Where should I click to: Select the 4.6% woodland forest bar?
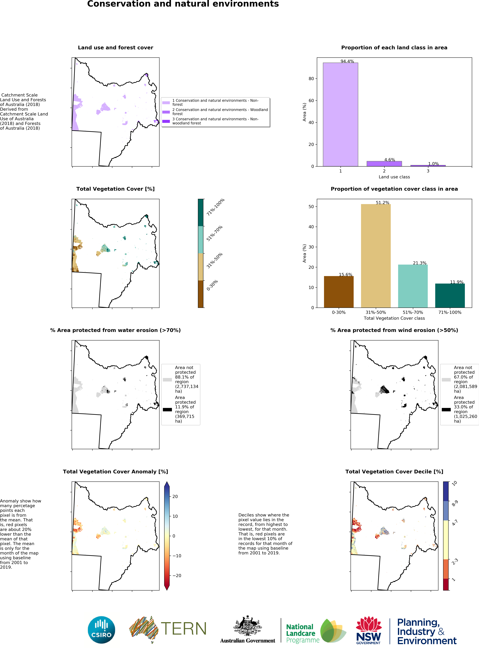point(384,164)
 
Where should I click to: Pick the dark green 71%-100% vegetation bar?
point(450,295)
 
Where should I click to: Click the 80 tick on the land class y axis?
point(311,79)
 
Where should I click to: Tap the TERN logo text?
point(183,629)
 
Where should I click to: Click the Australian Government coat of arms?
point(248,626)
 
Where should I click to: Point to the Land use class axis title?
point(394,177)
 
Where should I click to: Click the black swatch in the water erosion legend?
point(167,410)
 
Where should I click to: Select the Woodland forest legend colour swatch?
point(166,112)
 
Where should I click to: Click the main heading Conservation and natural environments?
point(183,4)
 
